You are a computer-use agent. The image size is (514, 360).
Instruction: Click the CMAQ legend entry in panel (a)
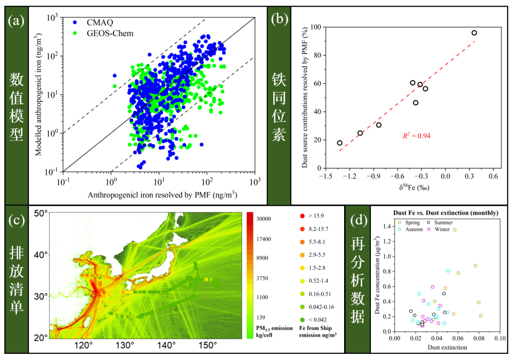point(93,22)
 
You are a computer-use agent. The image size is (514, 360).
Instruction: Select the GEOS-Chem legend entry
point(103,33)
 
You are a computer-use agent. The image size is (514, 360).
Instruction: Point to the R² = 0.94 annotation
point(416,136)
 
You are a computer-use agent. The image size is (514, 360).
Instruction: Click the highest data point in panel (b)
point(474,33)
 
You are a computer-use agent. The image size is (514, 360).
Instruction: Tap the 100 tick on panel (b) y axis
point(316,27)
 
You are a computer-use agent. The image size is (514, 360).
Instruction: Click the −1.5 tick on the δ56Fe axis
point(326,176)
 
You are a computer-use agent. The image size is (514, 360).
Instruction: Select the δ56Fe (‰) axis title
point(414,188)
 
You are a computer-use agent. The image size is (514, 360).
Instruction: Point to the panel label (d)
point(359,220)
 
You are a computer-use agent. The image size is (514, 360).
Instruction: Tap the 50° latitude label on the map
point(40,213)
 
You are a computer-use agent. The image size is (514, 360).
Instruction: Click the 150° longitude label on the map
point(208,345)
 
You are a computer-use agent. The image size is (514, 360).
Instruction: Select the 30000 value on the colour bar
point(264,219)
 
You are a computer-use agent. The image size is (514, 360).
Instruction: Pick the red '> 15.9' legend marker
point(302,216)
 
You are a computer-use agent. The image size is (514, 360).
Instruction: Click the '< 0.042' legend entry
point(313,320)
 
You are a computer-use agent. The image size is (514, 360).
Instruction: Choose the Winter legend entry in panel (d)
point(439,229)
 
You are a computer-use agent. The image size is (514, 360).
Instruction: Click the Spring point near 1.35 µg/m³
point(455,230)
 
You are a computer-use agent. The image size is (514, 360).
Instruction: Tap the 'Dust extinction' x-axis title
point(447,347)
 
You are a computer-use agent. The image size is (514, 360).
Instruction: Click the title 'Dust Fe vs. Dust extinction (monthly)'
point(446,213)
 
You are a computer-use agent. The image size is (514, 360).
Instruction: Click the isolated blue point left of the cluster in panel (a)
point(115,76)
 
